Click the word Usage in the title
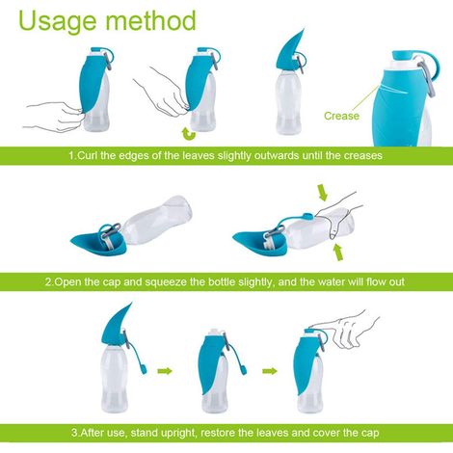pos(58,21)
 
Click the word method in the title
pos(150,20)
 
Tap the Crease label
pos(341,116)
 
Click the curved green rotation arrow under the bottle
pos(189,134)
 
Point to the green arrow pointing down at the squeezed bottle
pos(323,192)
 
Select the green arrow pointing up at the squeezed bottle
pos(337,253)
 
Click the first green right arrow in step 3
pos(165,371)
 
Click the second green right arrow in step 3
pos(270,371)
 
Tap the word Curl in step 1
pos(88,155)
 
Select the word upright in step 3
pos(179,433)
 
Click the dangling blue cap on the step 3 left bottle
pos(143,368)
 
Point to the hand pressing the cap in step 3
pos(345,330)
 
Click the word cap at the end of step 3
pos(370,433)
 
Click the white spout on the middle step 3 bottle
pos(215,333)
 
